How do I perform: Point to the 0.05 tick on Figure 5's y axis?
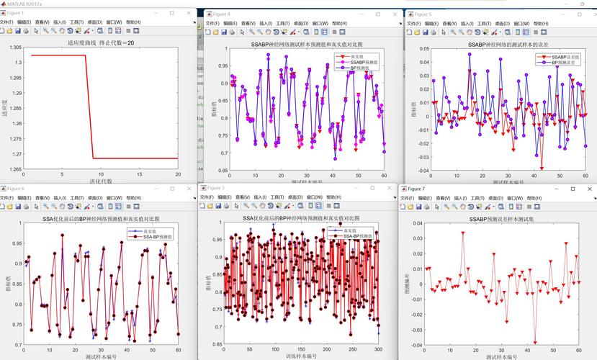point(424,50)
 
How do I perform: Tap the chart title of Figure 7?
point(496,218)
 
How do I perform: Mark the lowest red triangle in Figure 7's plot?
point(535,343)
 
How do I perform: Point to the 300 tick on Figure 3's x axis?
point(379,348)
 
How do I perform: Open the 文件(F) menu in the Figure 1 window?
point(6,22)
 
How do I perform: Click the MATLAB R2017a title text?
point(24,4)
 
